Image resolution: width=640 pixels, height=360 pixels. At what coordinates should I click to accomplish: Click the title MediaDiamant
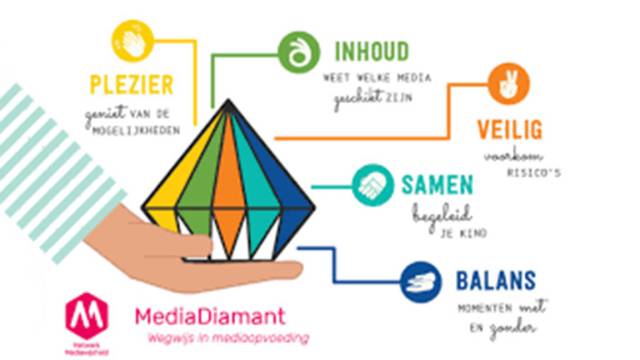pyautogui.click(x=209, y=317)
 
